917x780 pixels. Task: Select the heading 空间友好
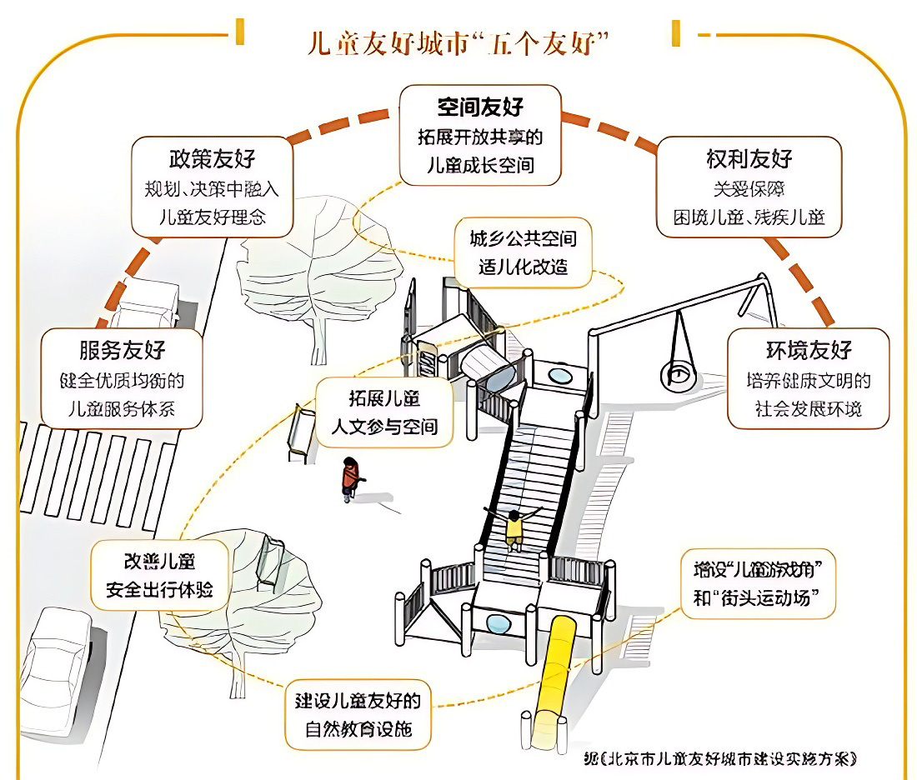tap(480, 107)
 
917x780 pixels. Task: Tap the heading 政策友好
tap(212, 158)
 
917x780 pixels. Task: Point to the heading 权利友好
tap(749, 159)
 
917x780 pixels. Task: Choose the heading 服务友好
tap(122, 349)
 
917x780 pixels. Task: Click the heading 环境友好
tap(808, 350)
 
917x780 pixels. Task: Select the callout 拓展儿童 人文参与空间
tap(384, 412)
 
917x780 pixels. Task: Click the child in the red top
tap(351, 479)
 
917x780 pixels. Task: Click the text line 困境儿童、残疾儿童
tap(749, 217)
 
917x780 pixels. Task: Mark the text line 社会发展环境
tap(808, 409)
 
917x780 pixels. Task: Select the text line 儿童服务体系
tap(122, 409)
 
